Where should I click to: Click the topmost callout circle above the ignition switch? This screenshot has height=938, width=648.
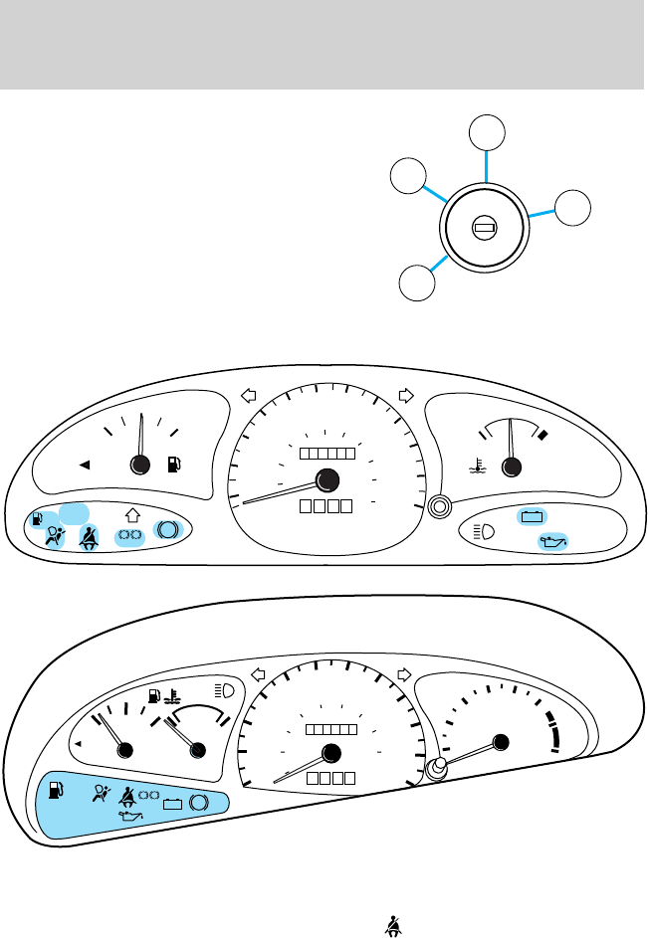point(486,133)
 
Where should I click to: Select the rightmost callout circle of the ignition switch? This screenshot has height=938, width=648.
point(572,208)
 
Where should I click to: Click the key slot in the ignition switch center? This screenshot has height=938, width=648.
point(486,229)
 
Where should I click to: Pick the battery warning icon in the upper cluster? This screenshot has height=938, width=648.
point(532,516)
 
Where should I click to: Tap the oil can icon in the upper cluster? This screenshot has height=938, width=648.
point(549,541)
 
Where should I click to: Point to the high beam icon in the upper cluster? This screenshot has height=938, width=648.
point(485,530)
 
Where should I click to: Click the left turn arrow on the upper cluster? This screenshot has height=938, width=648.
point(249,396)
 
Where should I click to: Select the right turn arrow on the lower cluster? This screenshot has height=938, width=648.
point(404,673)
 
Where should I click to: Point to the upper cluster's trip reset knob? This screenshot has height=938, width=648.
point(438,507)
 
